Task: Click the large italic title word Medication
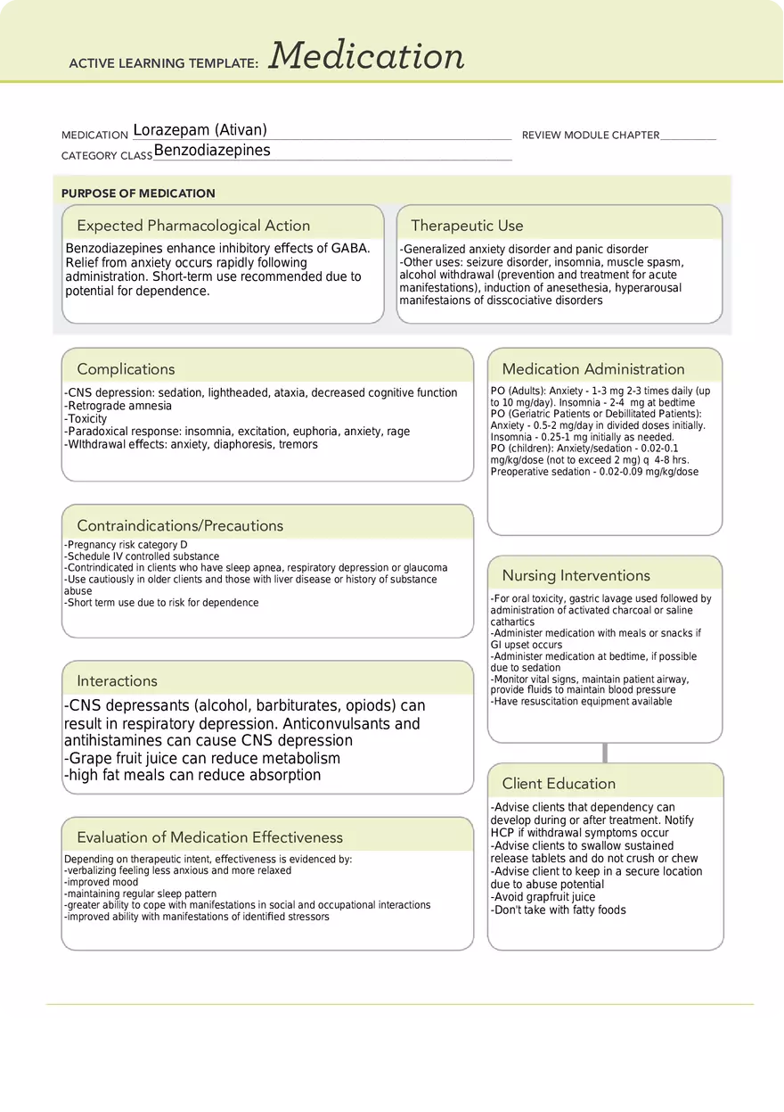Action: pyautogui.click(x=366, y=56)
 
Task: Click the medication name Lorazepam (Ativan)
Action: pyautogui.click(x=200, y=130)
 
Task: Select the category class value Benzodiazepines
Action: pyautogui.click(x=212, y=151)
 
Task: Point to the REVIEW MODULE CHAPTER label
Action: pyautogui.click(x=590, y=136)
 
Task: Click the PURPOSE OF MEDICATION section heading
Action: pyautogui.click(x=138, y=194)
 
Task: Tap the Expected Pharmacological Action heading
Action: pyautogui.click(x=193, y=226)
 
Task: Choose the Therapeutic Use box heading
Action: pyautogui.click(x=467, y=226)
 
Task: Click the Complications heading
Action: pyautogui.click(x=126, y=369)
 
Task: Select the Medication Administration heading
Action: pyautogui.click(x=593, y=369)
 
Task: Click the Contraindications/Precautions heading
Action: pyautogui.click(x=180, y=526)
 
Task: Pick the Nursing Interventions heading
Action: pyautogui.click(x=576, y=576)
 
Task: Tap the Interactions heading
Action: pyautogui.click(x=117, y=681)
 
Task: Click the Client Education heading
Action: pyautogui.click(x=559, y=784)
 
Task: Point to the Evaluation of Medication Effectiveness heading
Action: pyautogui.click(x=209, y=837)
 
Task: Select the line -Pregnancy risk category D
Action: pyautogui.click(x=126, y=545)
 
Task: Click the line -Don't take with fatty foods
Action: pyautogui.click(x=558, y=910)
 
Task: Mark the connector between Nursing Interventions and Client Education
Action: pyautogui.click(x=605, y=753)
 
